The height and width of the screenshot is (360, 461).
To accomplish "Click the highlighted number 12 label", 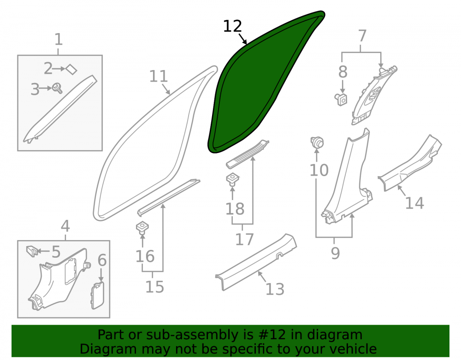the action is (232, 26).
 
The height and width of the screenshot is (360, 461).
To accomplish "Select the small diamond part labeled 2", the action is (71, 69).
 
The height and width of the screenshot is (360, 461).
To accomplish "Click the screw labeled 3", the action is (57, 88).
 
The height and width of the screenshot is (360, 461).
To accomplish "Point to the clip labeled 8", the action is (341, 99).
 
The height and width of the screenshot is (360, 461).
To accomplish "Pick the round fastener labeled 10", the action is (317, 143).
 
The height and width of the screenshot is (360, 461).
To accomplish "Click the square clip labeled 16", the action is (142, 228).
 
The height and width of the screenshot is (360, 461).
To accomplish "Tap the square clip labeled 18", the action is (232, 179).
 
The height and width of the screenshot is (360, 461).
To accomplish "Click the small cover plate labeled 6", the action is (98, 295).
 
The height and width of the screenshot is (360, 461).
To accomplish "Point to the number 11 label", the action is (159, 76).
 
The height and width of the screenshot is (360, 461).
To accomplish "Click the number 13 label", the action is (275, 289).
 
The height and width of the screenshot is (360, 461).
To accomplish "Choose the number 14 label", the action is (414, 203).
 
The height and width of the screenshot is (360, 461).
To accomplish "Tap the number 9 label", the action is (335, 253).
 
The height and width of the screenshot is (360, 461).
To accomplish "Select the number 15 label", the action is (154, 287).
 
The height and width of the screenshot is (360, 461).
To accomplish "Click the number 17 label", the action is (244, 239).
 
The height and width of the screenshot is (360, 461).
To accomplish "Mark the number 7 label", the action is (362, 36).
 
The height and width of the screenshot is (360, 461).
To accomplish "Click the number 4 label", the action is (65, 226).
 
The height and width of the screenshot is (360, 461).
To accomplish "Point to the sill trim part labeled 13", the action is (256, 261).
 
